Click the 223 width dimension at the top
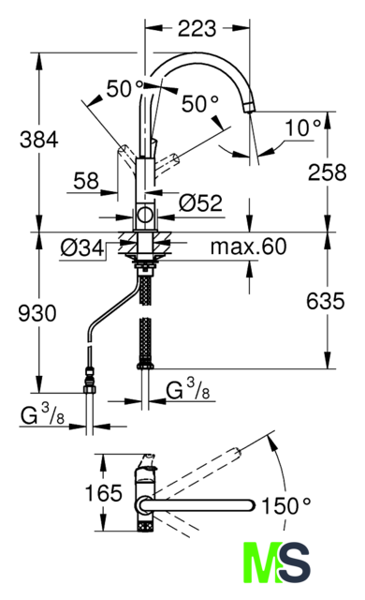(x=197, y=29)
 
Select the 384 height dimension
(x=39, y=140)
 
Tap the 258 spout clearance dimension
(x=328, y=172)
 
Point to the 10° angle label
(x=303, y=127)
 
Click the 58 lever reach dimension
(x=86, y=181)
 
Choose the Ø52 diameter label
(x=200, y=202)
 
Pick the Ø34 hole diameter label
(x=82, y=247)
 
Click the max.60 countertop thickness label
(x=249, y=247)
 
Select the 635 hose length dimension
(x=326, y=301)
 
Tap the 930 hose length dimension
(x=37, y=313)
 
